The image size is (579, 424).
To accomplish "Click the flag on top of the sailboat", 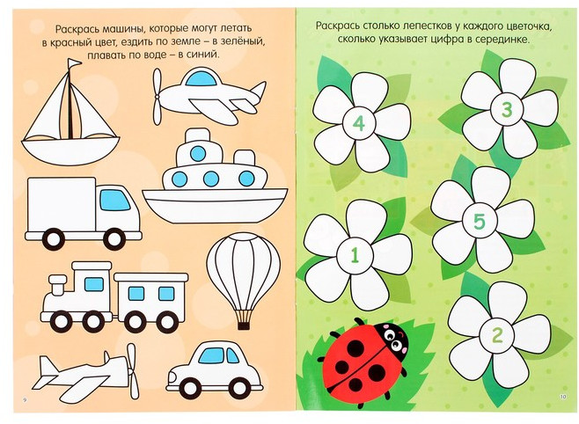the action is click(75, 62).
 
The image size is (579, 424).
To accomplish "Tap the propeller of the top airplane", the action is click(158, 96).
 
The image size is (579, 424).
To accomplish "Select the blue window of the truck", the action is click(115, 201).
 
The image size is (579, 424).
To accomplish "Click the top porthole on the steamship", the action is click(198, 154).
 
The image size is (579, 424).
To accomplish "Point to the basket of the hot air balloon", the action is click(244, 325).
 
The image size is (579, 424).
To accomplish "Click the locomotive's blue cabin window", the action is click(94, 284).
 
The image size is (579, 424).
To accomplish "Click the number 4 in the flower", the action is click(359, 123).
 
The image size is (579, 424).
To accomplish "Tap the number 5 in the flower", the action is click(479, 223).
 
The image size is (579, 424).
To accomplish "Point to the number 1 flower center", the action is click(355, 255).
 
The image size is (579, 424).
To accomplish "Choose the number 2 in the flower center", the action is click(497, 336).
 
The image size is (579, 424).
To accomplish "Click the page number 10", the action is click(563, 398).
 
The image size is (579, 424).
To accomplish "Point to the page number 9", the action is click(25, 399).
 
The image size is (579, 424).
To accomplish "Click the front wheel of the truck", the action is click(114, 239).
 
